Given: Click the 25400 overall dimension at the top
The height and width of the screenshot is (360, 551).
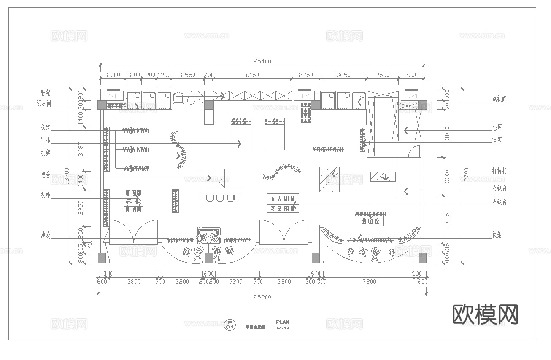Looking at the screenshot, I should [262, 61].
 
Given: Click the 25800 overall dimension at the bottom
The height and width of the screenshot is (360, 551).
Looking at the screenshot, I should [262, 297].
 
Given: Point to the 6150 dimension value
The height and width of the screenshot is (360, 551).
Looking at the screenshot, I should [252, 75].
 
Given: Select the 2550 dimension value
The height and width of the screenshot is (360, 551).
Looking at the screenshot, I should [188, 75].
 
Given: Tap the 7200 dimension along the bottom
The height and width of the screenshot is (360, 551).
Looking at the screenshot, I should [369, 282].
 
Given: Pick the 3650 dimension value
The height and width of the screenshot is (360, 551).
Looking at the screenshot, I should [343, 75].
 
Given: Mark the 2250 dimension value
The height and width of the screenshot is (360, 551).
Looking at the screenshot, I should [306, 75].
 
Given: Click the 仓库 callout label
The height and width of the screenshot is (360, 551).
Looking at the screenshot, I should [497, 127].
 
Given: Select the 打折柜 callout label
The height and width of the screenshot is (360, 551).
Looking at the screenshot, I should [499, 171].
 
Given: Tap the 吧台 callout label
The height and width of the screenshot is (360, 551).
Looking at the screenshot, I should [46, 175].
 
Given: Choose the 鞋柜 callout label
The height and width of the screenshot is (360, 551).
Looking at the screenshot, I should [46, 140].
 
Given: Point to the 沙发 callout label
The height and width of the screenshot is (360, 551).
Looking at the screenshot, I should [46, 235].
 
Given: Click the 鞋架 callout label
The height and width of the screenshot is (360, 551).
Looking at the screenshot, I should [46, 92].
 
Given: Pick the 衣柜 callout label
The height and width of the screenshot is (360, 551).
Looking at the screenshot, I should [46, 195].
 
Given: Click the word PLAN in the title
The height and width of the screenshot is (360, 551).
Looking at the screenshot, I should [283, 322].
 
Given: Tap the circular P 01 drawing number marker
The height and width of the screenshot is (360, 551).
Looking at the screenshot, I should [230, 325].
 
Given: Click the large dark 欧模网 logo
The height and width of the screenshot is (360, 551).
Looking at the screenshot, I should [485, 314].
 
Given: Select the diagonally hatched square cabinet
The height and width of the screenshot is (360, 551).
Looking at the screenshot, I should [329, 179].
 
